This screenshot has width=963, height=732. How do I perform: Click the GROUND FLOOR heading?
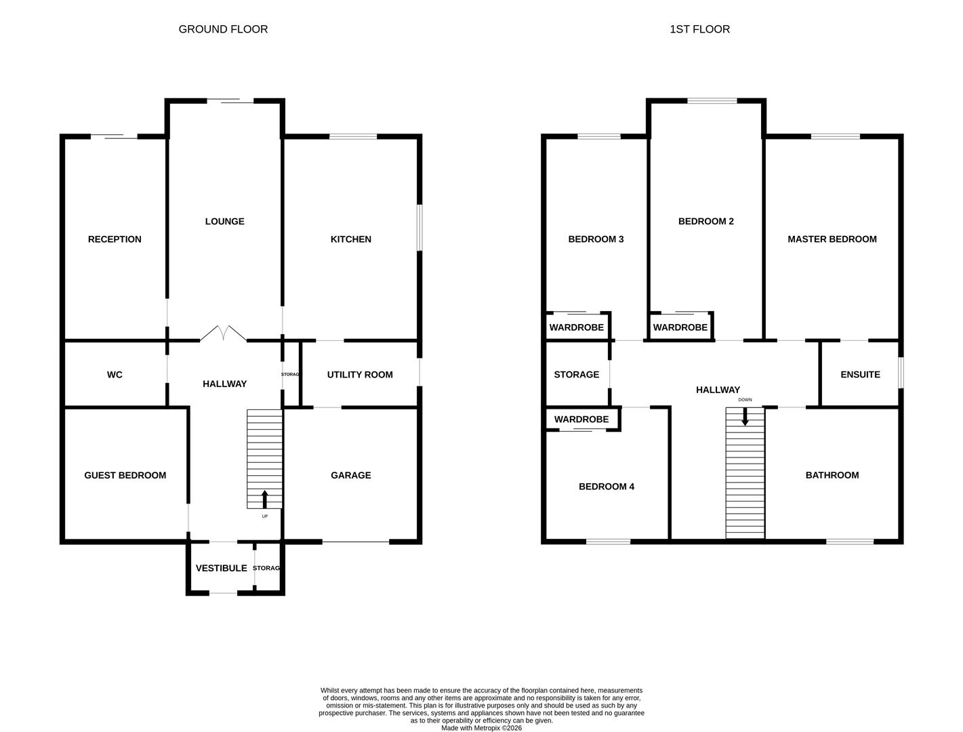tap(223, 29)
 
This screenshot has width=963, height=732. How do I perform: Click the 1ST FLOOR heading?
tap(699, 29)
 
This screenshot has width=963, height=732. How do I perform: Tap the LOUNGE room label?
tap(224, 222)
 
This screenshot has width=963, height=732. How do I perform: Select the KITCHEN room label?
tap(350, 239)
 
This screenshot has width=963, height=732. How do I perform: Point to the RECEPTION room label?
tap(115, 239)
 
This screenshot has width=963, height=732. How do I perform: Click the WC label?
tap(115, 375)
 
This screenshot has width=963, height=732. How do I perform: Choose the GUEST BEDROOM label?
tap(125, 475)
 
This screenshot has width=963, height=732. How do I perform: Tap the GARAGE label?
tap(350, 475)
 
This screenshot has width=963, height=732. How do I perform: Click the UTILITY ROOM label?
tap(359, 375)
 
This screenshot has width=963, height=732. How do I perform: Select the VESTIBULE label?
tap(221, 569)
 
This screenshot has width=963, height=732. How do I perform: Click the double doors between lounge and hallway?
tap(223, 333)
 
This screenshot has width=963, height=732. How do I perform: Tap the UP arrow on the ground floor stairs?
tap(264, 499)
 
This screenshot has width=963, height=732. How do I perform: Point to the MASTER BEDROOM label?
tap(832, 239)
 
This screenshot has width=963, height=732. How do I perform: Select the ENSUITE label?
tap(860, 375)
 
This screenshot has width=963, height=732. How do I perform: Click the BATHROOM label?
tap(832, 475)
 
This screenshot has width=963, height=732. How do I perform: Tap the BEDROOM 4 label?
tap(606, 487)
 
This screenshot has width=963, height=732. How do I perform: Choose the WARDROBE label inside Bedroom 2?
tap(680, 327)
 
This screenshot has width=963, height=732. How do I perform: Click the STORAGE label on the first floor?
tap(576, 375)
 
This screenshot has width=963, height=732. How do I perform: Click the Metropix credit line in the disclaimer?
tap(481, 728)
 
